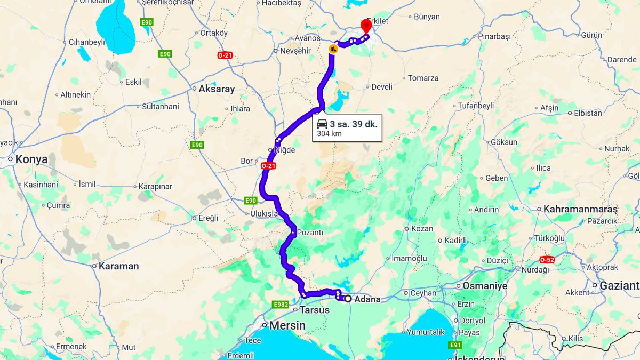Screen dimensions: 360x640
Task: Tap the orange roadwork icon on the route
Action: [x=333, y=49]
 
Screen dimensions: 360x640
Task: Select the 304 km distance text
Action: [x=330, y=134]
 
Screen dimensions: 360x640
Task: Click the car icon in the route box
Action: [x=322, y=124]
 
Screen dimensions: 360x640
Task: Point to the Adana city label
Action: [x=368, y=299]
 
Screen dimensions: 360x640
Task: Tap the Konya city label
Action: [x=31, y=159]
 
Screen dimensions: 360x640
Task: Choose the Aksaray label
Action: [x=217, y=89]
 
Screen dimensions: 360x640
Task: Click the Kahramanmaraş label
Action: [x=580, y=209]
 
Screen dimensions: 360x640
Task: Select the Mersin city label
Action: [x=287, y=325]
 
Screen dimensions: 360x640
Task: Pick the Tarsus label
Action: [x=315, y=310]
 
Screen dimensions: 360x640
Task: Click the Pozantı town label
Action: [x=310, y=233]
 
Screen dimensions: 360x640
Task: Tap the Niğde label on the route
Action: [x=284, y=150]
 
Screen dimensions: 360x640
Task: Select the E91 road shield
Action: [x=455, y=345]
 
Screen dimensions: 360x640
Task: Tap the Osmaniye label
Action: [x=485, y=286]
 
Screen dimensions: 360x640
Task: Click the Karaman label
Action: [x=118, y=266]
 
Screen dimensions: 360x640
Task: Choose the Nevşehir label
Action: [x=295, y=51]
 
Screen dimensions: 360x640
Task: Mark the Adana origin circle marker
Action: [x=348, y=299]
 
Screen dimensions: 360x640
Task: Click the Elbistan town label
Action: [x=588, y=113]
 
